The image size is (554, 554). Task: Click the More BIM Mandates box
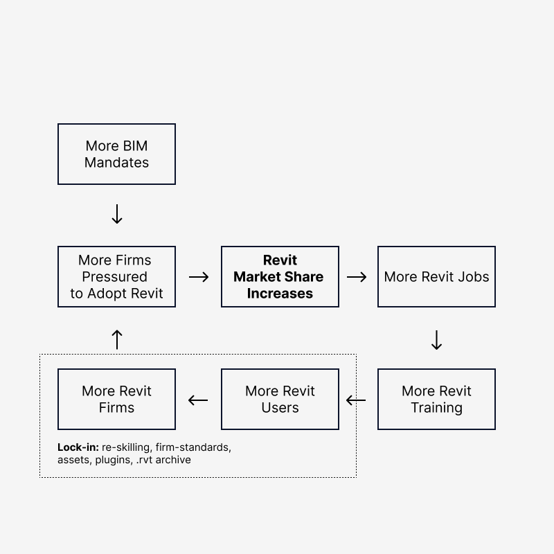(x=116, y=154)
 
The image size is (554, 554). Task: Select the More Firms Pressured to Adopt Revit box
(x=116, y=276)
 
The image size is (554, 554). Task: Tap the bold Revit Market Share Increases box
(x=280, y=276)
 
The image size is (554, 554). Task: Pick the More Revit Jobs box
(x=436, y=276)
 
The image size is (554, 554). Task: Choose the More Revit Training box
(x=436, y=400)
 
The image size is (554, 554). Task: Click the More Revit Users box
(x=280, y=400)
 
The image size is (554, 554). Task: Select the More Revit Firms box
(x=116, y=400)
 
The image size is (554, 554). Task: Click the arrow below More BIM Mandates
(x=117, y=214)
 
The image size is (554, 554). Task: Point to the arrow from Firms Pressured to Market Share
(x=199, y=277)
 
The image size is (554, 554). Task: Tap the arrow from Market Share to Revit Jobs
(x=357, y=277)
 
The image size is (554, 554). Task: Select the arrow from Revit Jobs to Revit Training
(x=437, y=340)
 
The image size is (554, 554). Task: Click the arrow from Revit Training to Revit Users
(x=356, y=400)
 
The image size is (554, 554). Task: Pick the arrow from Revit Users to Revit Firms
(x=198, y=400)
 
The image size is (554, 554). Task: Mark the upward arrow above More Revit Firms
(x=117, y=339)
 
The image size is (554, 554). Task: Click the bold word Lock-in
(x=78, y=447)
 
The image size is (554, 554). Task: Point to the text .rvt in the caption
(x=144, y=460)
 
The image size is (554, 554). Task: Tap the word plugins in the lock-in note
(x=114, y=460)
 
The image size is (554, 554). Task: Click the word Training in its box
(x=437, y=408)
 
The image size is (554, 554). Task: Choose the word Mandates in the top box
(x=116, y=163)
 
